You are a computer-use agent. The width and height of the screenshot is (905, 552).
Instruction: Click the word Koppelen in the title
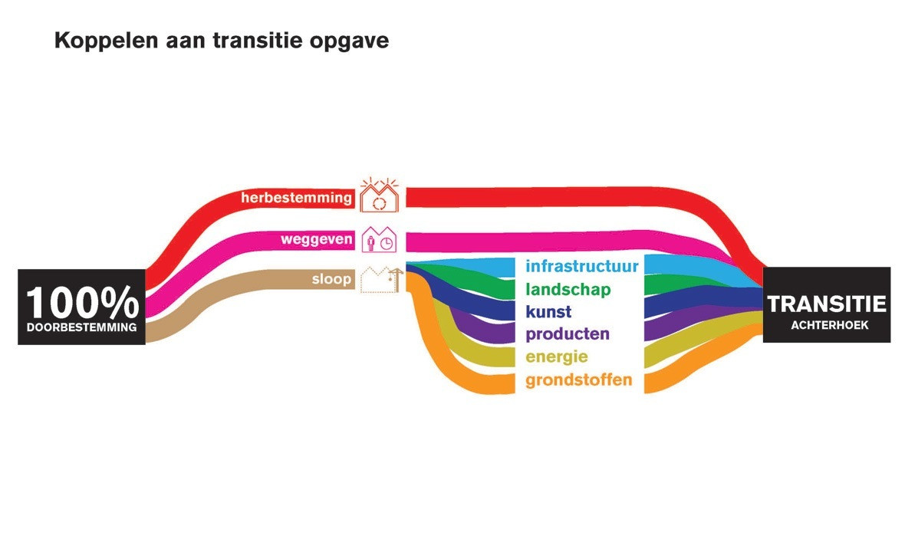click(x=106, y=41)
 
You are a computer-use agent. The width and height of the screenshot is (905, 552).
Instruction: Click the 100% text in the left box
click(x=83, y=303)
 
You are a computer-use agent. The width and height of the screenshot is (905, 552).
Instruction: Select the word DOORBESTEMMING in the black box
click(x=82, y=327)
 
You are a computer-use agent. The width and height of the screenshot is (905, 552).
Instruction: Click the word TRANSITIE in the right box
click(x=827, y=304)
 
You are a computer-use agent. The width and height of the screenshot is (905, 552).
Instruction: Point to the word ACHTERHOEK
click(x=829, y=325)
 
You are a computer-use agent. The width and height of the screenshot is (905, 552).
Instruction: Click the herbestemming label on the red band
click(x=296, y=198)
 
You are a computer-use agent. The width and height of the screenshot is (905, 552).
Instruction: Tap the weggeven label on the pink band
click(x=316, y=239)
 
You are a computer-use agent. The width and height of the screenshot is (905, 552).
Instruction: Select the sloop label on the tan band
click(x=331, y=279)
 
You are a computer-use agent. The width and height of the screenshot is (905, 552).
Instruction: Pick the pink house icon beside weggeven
click(x=379, y=239)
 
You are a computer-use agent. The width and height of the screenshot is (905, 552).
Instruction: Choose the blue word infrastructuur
click(x=582, y=266)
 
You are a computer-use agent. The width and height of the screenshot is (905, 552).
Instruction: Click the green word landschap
click(x=568, y=289)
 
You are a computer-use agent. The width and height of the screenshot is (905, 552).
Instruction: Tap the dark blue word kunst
click(x=548, y=311)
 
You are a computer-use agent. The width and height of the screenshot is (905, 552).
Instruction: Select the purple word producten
click(x=568, y=334)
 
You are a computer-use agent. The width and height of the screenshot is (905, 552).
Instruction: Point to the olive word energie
click(x=556, y=357)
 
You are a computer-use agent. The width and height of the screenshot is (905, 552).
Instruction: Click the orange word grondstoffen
click(x=579, y=380)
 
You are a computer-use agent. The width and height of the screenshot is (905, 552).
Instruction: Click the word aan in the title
click(x=186, y=42)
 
